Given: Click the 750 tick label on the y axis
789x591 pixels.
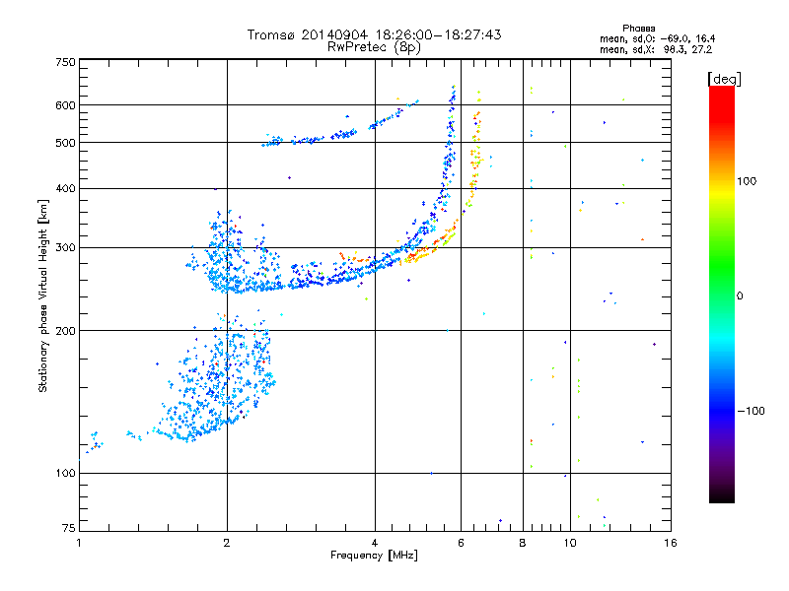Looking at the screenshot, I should coord(65,62).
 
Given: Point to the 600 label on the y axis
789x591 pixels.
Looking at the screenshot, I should coord(65,105).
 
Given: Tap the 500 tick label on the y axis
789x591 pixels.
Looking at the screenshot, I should coord(65,143).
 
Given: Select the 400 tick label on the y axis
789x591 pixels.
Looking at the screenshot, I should coord(65,188).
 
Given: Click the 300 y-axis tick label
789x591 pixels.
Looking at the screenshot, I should coord(65,247).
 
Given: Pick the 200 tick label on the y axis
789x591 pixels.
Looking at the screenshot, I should coord(65,331).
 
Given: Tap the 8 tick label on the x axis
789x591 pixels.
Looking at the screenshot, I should coord(523,543).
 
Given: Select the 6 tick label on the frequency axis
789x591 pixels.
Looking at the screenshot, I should coord(461,543).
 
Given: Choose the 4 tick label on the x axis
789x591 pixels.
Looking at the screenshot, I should coord(375,543).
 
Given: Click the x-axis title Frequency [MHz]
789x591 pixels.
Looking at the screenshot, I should coord(374,557).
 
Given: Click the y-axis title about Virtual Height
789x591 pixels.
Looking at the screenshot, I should coord(43,295).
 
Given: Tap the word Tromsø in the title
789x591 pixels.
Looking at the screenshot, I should coord(271,34).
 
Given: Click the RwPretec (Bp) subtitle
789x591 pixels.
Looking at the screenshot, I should coord(374,46).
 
